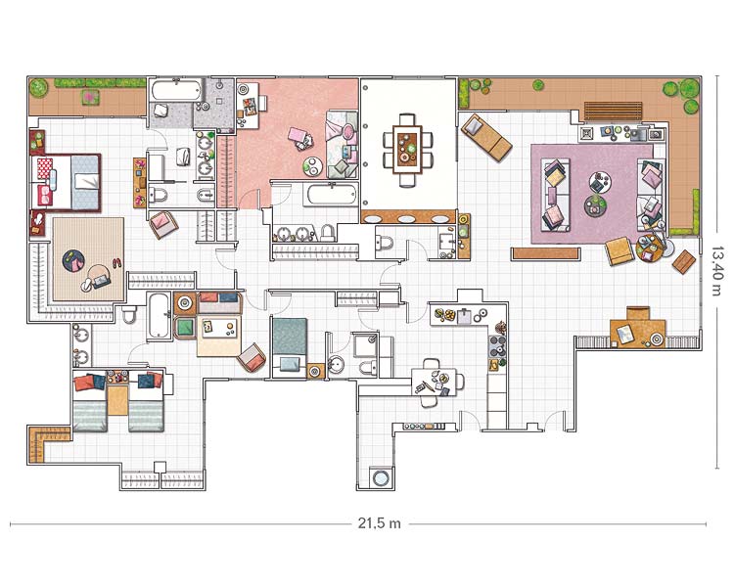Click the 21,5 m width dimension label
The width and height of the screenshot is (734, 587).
pos(379,522)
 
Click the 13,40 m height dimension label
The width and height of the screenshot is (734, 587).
pos(716,272)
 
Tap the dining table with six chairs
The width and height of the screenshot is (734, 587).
pos(408,150)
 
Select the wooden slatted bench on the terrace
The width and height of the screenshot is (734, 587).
pos(614,112)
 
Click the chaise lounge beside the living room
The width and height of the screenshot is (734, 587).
pos(485,137)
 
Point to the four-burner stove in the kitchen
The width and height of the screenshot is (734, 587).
pos(497,347)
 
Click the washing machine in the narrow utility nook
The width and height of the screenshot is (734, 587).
pos(379,478)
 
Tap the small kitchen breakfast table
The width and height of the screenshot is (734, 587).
pos(434,382)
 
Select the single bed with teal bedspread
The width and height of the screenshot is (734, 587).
pos(290,347)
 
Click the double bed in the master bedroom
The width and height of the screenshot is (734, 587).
pos(66,183)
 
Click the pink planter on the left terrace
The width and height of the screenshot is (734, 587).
pos(90,98)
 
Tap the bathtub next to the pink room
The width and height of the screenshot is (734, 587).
pos(331,195)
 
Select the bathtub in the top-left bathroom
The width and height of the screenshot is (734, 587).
pos(176,90)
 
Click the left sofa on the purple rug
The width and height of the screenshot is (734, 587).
pos(556,195)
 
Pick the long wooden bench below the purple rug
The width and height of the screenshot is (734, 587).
pos(546,253)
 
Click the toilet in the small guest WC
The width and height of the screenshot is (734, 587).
pos(385,244)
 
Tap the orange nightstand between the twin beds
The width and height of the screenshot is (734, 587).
pos(117,400)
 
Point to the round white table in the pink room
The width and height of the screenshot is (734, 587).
pos(312,166)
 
